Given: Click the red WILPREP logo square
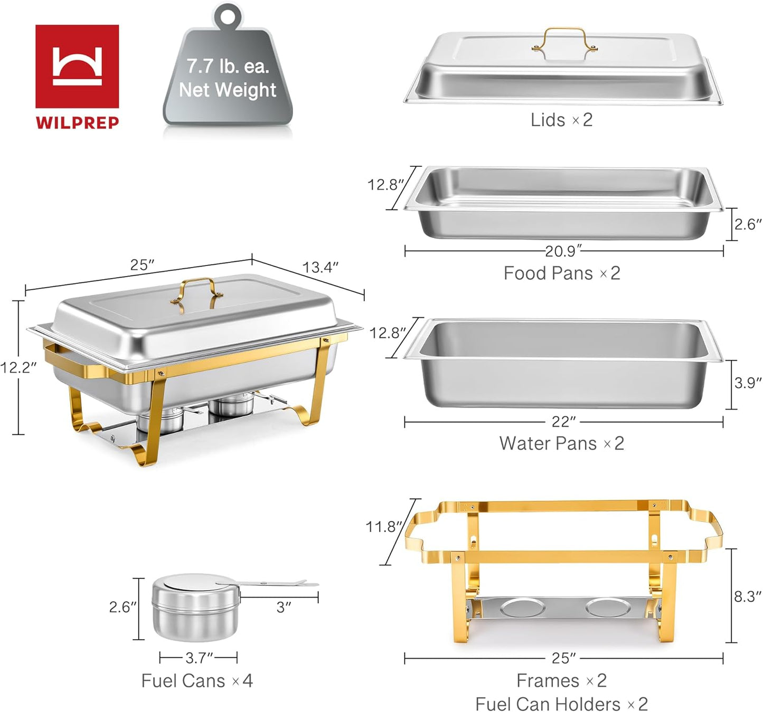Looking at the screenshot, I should [77, 67].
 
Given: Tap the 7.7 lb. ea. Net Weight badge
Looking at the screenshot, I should [227, 78].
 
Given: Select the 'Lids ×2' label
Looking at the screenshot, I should [561, 120].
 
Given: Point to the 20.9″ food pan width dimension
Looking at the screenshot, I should [563, 251].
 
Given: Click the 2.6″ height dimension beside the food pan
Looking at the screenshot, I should [748, 224].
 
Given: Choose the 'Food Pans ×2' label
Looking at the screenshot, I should [561, 273].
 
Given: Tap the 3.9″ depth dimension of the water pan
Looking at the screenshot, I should [748, 383].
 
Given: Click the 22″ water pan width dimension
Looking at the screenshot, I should [563, 422].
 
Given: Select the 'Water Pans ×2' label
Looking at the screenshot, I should [561, 443].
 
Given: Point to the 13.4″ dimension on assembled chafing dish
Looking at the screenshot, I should [320, 267].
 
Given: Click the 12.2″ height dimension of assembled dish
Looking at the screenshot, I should [18, 367].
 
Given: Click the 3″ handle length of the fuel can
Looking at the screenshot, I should [284, 607].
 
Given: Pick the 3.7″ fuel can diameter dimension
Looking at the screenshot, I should [199, 658].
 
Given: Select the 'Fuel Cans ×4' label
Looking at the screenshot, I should [196, 680].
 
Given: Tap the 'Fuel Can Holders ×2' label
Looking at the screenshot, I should [561, 704].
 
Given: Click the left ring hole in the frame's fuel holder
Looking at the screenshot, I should [523, 607].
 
